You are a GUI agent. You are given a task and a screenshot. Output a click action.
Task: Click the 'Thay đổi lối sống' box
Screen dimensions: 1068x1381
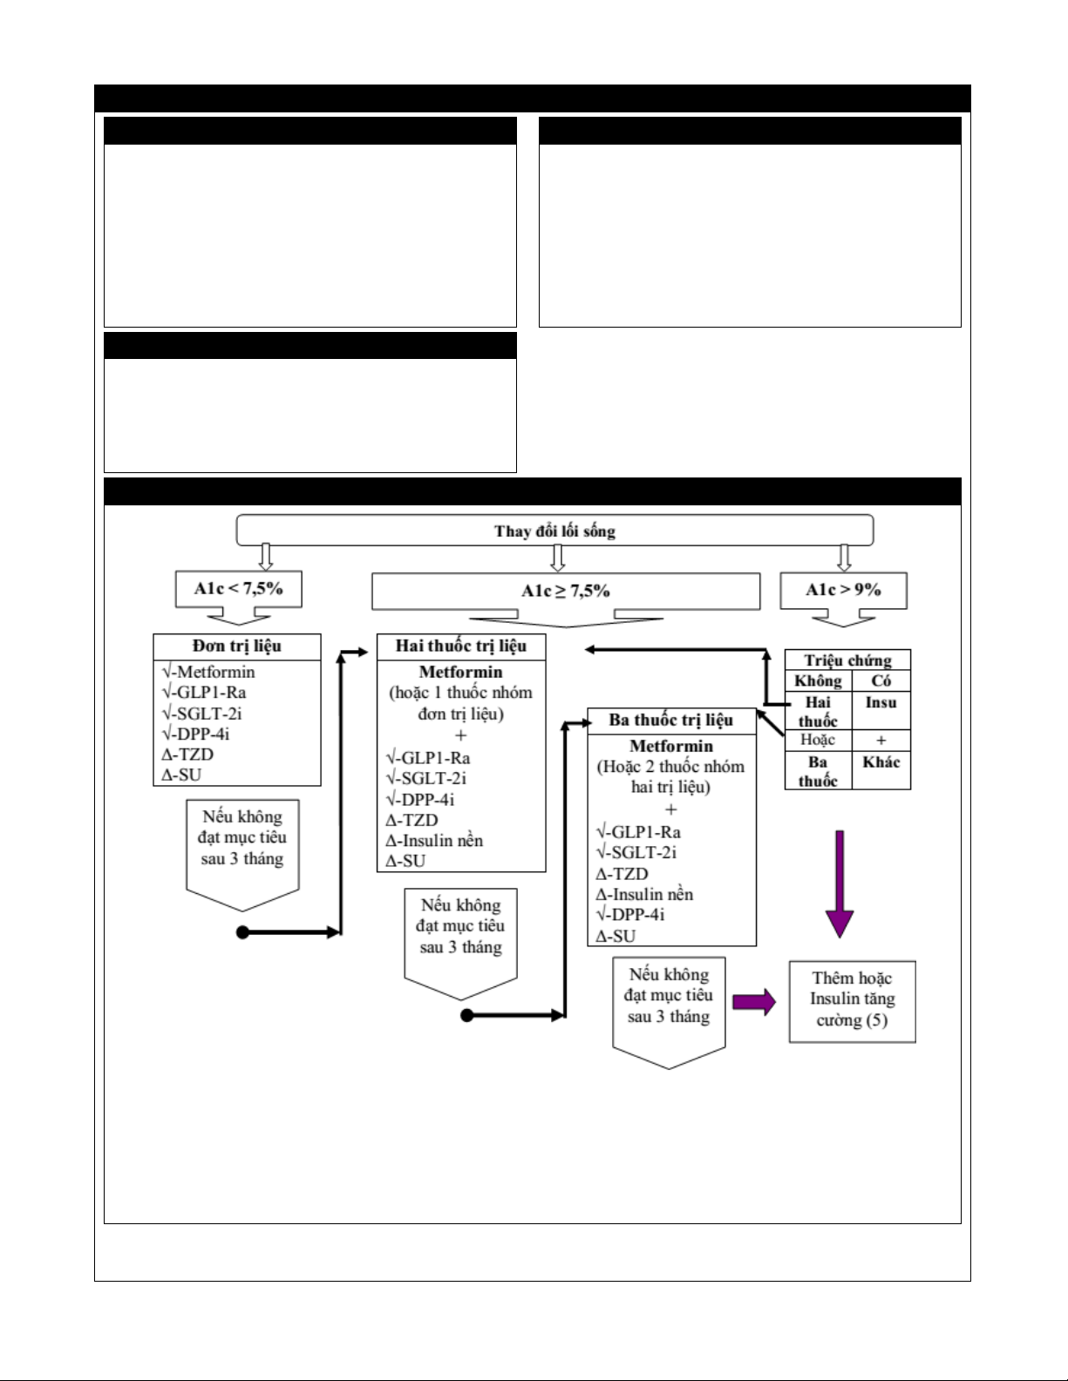(x=554, y=530)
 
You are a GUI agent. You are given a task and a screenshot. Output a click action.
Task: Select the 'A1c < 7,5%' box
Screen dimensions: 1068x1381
(x=238, y=588)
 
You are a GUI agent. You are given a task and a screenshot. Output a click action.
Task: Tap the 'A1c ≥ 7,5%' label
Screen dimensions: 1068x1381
(x=566, y=591)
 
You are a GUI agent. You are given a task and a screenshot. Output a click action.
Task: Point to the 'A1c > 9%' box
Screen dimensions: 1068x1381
(x=844, y=591)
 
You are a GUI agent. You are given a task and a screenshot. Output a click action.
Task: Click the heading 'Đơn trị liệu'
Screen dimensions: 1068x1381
(x=237, y=646)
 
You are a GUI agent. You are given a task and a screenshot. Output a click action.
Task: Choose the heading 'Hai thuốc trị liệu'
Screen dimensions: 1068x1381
(x=461, y=646)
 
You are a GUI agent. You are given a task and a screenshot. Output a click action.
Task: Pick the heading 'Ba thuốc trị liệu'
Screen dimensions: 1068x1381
(x=670, y=720)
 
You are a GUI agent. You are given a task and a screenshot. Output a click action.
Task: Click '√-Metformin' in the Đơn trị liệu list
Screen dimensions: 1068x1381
(x=208, y=672)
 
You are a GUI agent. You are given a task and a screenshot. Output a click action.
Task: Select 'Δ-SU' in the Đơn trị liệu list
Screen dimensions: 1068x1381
(x=181, y=775)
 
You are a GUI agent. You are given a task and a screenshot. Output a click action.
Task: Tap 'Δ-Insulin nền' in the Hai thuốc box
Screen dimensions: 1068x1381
(x=434, y=840)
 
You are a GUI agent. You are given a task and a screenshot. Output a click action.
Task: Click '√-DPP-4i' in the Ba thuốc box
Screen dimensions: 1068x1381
(x=630, y=915)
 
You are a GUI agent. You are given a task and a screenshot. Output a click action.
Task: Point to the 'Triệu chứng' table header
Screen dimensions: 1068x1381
(x=848, y=660)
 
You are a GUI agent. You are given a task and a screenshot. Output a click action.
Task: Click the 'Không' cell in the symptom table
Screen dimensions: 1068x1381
(x=818, y=680)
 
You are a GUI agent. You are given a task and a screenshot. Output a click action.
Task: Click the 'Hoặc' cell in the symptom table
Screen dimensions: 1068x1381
(x=818, y=740)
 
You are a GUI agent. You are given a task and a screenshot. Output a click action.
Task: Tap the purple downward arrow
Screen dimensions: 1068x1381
(x=839, y=884)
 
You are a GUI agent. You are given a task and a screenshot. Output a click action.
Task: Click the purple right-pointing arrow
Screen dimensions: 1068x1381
(x=755, y=1002)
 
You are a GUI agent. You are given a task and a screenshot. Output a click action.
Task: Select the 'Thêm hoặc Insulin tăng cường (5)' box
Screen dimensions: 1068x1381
(x=853, y=1002)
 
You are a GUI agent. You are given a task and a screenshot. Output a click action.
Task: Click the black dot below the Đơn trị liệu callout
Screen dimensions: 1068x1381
(x=242, y=932)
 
